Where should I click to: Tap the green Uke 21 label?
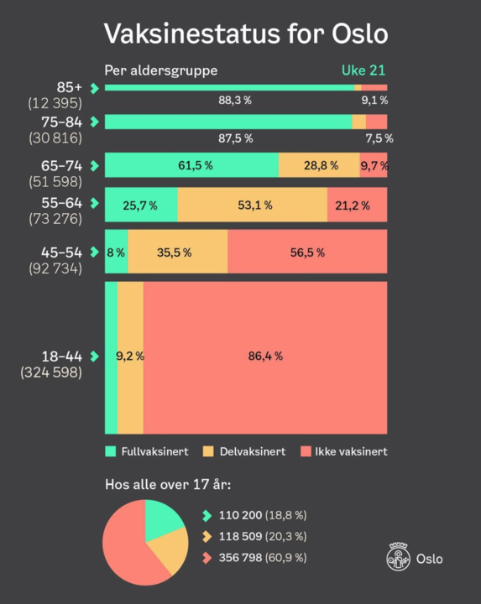click(364, 70)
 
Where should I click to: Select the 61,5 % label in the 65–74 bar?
click(195, 165)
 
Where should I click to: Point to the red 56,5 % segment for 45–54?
click(307, 252)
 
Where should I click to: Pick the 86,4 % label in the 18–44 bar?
click(265, 356)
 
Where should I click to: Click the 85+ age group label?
click(71, 87)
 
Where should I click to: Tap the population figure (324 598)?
click(51, 371)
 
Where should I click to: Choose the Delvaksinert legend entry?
click(245, 451)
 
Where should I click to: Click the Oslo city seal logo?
click(399, 557)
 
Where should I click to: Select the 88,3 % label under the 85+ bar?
click(234, 101)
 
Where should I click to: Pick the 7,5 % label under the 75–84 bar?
click(379, 138)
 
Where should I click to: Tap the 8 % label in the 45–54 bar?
click(115, 252)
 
